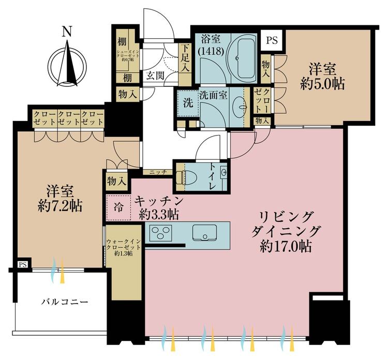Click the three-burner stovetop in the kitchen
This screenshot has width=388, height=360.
coord(161,233)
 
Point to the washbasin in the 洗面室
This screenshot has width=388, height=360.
coord(241,107)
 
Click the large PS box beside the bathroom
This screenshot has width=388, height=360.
coord(272,40)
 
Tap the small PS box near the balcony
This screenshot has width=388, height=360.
coord(23,264)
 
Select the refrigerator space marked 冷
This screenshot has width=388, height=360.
coord(118,207)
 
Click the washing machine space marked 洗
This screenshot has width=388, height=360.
coord(188,103)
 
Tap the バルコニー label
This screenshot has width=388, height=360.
coord(65,302)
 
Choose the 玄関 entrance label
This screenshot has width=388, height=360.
coord(155,76)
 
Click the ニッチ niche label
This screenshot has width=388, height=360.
coord(158,172)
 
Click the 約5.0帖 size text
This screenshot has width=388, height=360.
coord(322,84)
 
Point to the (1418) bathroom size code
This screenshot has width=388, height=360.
coord(211,51)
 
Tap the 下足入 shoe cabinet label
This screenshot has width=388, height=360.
coord(185,58)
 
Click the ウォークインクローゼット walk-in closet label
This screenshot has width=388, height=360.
coord(124,247)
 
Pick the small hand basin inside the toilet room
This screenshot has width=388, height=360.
coord(225,172)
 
